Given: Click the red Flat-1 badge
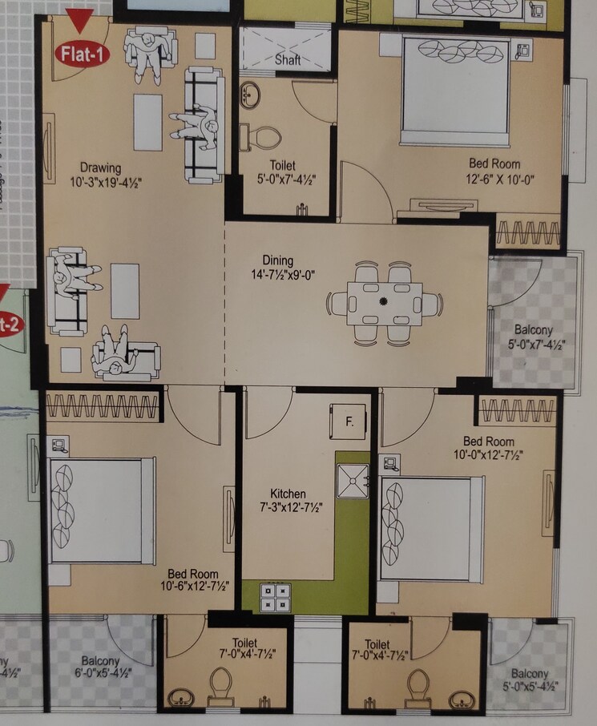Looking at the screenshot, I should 79,53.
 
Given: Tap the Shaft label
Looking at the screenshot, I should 287,60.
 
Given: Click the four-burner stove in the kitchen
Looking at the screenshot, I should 276,598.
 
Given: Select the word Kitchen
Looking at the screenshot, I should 288,494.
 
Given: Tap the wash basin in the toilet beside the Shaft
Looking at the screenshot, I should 251,94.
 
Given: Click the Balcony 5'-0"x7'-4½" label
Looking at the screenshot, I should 530,337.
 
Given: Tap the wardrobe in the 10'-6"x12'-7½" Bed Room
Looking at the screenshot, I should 104,407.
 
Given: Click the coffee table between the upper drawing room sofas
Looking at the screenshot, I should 147,122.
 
